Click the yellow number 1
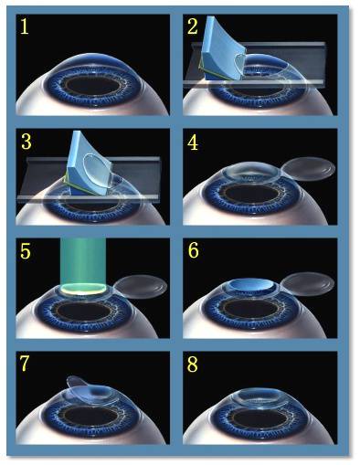(25, 26)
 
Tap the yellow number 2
(193, 26)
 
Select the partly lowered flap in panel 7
(87, 387)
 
